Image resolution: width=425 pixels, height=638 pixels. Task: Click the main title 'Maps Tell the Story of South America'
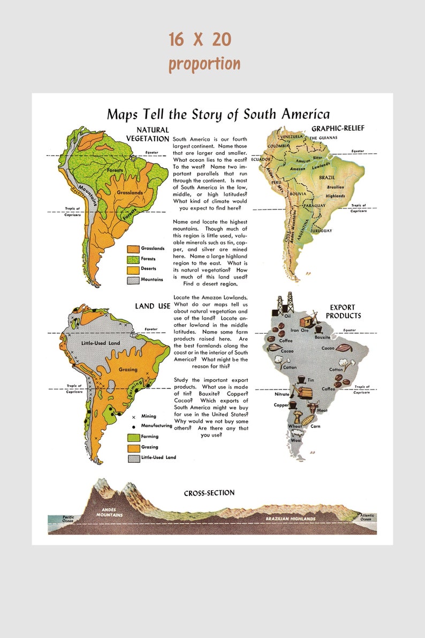click(218, 114)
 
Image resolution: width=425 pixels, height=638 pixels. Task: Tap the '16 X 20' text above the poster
click(200, 39)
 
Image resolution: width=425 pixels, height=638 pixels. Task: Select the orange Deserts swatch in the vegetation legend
click(133, 269)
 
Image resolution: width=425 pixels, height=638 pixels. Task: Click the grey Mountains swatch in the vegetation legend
click(133, 280)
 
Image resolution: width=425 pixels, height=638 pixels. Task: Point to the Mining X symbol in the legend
click(133, 416)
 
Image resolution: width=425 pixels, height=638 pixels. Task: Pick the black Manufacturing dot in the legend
click(133, 426)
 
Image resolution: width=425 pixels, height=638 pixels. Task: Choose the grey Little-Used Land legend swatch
click(133, 458)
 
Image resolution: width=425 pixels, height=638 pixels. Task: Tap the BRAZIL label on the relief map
click(327, 177)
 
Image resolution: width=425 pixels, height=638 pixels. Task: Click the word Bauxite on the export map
click(322, 337)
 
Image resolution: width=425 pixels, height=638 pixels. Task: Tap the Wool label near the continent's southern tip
click(296, 440)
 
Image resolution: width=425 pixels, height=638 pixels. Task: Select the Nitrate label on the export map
click(282, 394)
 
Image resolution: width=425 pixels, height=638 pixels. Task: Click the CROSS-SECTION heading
click(209, 493)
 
